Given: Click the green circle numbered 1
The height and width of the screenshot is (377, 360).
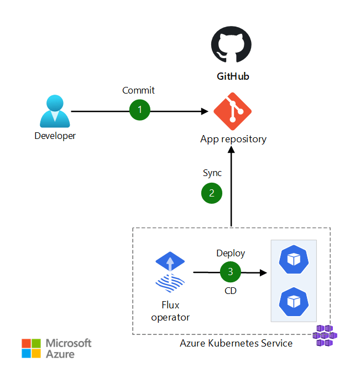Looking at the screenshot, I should tap(140, 110).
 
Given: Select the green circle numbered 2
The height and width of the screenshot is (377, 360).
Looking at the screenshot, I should tap(211, 193).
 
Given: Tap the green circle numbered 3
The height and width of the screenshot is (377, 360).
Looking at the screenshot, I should tap(230, 272).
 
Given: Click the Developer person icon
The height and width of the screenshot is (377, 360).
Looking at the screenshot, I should tap(55, 111).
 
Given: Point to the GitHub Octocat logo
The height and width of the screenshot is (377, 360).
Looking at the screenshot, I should tap(231, 48).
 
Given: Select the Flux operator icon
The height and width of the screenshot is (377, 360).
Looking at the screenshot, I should tap(170, 271).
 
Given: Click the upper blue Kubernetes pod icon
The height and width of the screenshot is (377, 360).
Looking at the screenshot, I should tap(293, 260).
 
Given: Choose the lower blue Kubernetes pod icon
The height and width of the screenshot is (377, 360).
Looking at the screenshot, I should tap(293, 301).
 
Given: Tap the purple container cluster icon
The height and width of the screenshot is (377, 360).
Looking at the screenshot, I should tap(325, 336).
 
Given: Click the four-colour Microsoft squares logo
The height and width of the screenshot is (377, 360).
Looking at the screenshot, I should tap(31, 348).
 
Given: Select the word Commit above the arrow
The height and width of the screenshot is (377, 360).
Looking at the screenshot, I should tap(138, 90).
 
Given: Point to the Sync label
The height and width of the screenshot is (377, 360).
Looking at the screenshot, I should tap(212, 173).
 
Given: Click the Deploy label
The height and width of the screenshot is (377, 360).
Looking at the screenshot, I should tap(230, 253).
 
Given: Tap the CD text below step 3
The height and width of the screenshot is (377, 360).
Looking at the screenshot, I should tap(230, 291).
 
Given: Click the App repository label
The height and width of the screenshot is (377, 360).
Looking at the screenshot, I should tap(233, 139).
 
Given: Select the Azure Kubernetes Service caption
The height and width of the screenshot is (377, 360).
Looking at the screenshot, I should tap(236, 343).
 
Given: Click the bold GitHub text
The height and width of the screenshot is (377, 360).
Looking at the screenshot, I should tap(232, 76).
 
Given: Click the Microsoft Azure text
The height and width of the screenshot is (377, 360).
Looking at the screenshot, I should tap(68, 348).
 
